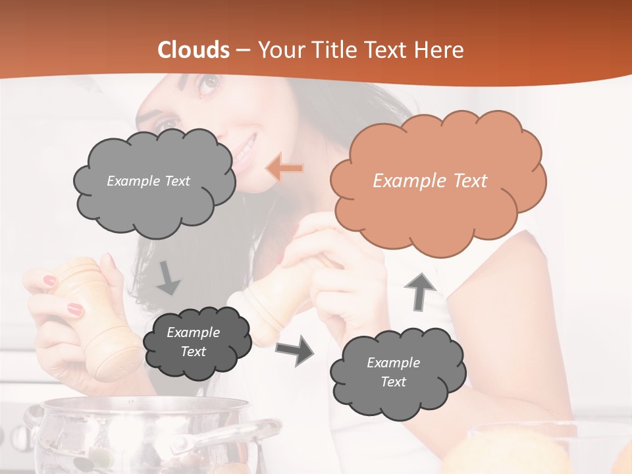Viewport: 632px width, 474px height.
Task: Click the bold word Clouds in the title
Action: tap(194, 49)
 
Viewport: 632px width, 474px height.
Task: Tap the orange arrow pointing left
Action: tap(285, 169)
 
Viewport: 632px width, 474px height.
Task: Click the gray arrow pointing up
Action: tap(419, 291)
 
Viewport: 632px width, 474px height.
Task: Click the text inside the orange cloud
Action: tap(430, 181)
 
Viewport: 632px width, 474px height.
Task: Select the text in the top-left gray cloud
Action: tap(148, 181)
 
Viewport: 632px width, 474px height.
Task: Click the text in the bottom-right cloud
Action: tap(393, 372)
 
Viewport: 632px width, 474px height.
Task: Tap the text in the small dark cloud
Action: tap(193, 342)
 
